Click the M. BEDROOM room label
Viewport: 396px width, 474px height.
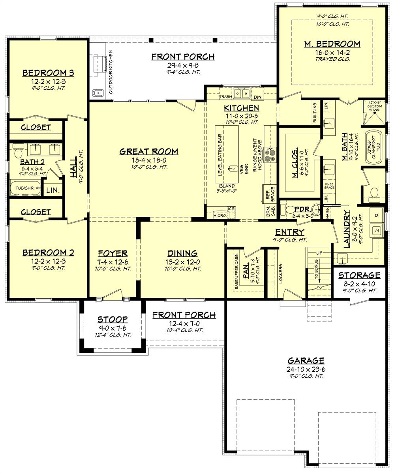pos(332,44)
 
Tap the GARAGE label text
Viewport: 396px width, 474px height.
pos(306,360)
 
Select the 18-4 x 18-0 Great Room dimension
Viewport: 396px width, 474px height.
pos(149,160)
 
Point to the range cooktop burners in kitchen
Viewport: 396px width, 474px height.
pos(270,155)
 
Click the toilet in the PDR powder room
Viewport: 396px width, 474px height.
pos(290,210)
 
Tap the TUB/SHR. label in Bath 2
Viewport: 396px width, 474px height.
pos(25,188)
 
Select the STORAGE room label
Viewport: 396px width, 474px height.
pos(359,275)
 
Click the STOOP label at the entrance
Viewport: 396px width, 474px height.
pos(113,319)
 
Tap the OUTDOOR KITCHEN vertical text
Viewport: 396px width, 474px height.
pos(111,72)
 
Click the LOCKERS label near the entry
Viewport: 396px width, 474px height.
pos(280,273)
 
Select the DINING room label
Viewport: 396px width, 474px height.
pos(182,254)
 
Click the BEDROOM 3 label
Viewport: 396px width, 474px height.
pos(48,73)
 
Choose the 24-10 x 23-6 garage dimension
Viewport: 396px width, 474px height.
pos(306,369)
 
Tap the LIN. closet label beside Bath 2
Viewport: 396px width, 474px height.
pos(53,190)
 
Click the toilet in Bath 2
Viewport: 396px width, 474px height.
pos(18,153)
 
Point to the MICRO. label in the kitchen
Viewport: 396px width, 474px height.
pos(220,216)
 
